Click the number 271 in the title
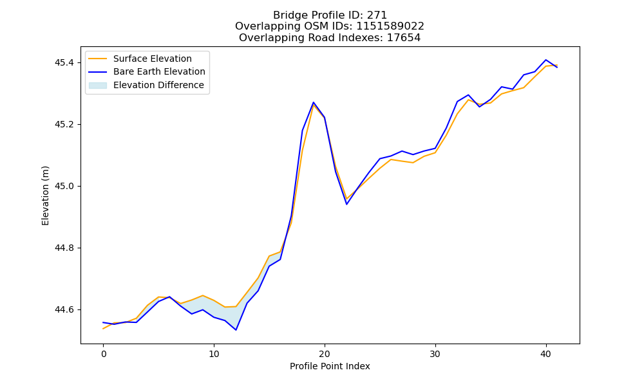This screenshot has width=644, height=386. point(377,15)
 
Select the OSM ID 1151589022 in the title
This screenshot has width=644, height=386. point(390,26)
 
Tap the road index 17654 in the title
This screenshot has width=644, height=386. point(404,38)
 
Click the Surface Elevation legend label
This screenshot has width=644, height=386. point(153,59)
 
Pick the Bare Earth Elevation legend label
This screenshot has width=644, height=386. point(159,71)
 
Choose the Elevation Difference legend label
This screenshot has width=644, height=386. point(158,85)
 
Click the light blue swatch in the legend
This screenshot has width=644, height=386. point(98,86)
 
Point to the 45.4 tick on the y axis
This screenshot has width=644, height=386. point(64,63)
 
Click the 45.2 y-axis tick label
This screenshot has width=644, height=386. point(64,124)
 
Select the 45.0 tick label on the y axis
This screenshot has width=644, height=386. point(64,186)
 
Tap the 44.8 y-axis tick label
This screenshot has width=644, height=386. point(64,248)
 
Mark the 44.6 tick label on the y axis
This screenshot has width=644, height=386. point(64,309)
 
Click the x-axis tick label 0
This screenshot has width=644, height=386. point(104,354)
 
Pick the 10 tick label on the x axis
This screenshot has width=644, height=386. point(214,354)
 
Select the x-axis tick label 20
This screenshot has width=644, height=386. point(325,354)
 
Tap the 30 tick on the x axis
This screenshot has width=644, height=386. point(435,354)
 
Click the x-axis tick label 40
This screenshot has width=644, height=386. point(545,354)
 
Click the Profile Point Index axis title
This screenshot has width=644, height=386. point(330,366)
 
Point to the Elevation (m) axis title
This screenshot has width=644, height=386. point(45,196)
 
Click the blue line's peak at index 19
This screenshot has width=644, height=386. point(314,102)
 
